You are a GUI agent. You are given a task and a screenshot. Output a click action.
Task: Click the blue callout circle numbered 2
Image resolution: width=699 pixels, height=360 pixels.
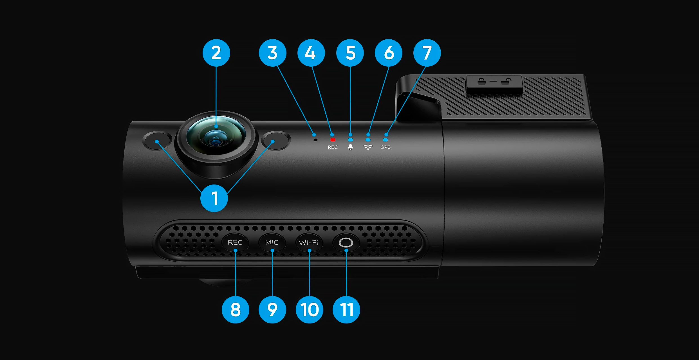(216, 53)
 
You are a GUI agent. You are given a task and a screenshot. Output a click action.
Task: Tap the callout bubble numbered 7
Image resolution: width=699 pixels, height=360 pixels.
(427, 53)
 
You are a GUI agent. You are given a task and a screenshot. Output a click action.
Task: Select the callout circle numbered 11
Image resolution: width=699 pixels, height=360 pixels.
(346, 310)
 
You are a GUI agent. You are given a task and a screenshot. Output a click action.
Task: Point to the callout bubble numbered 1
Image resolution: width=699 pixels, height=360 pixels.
(214, 198)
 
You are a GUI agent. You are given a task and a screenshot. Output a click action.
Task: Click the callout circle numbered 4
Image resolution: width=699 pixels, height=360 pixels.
(311, 53)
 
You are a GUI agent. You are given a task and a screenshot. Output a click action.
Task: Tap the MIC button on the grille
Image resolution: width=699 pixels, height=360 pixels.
(272, 242)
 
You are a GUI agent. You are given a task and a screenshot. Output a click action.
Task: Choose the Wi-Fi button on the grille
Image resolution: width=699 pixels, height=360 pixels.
(309, 242)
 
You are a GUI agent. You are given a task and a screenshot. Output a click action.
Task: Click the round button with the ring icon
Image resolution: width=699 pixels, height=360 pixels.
(346, 242)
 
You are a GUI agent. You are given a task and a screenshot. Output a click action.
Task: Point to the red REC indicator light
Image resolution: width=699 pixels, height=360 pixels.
(333, 140)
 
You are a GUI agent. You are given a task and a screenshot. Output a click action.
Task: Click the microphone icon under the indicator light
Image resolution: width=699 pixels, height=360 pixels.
(350, 147)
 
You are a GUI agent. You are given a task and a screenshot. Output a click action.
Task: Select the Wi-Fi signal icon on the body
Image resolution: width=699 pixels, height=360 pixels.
(368, 147)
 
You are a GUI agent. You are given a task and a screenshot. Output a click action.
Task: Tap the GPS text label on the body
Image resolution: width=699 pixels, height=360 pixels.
(386, 147)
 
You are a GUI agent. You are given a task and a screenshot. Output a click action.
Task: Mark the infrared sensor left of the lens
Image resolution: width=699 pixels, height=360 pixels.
(157, 140)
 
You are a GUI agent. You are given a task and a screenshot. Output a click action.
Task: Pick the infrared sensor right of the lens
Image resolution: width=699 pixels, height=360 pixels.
(276, 140)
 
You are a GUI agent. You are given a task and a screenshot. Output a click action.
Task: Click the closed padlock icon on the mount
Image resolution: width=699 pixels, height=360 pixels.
(482, 81)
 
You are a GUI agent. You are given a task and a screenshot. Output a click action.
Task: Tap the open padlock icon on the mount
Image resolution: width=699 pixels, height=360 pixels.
(506, 81)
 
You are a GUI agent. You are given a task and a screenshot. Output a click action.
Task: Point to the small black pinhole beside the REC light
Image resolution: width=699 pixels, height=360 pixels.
(315, 140)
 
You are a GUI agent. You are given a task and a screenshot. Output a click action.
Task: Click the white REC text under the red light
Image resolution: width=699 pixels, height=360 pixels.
(333, 147)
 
